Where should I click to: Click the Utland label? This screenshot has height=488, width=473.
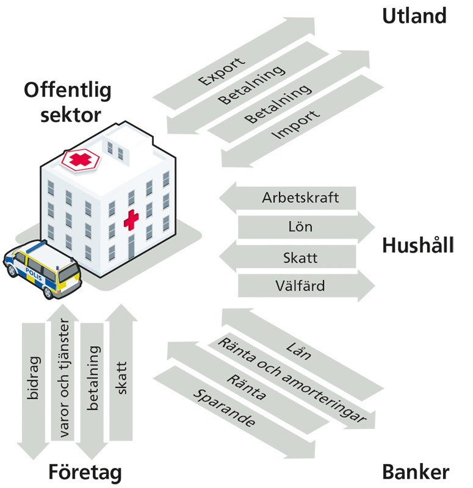pyautogui.click(x=414, y=15)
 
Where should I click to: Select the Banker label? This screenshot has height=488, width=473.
pyautogui.click(x=416, y=472)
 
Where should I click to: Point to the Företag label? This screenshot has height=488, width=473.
pyautogui.click(x=85, y=472)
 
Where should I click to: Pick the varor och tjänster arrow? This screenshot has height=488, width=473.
pyautogui.click(x=62, y=384)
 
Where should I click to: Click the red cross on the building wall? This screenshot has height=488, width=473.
pyautogui.click(x=131, y=220)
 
